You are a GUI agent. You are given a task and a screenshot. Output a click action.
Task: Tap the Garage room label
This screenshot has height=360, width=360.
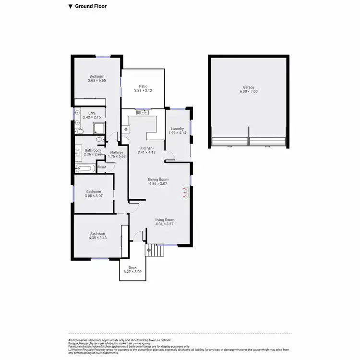tap(248, 87)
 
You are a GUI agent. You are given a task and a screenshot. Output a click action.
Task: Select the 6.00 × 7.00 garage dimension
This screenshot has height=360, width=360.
tap(248, 91)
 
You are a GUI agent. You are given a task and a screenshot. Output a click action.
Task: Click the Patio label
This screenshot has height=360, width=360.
tap(143, 86)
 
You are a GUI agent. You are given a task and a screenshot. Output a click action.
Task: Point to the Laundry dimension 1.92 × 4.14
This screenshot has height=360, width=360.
tap(177, 132)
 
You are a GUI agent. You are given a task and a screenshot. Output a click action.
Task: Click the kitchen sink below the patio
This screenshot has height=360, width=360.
tap(142, 113)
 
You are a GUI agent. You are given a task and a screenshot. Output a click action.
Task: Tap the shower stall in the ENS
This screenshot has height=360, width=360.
tap(99, 128)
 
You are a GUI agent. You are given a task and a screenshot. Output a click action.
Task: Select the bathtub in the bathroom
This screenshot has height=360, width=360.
tap(85, 168)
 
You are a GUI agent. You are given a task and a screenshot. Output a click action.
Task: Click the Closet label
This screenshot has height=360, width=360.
tap(101, 167)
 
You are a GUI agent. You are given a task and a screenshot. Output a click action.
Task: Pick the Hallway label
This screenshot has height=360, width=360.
tap(117, 152)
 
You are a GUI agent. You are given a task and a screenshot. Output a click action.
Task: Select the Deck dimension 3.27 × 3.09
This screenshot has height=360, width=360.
tap(132, 272)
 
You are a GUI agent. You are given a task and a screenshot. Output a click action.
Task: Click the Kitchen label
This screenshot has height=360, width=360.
tap(146, 148)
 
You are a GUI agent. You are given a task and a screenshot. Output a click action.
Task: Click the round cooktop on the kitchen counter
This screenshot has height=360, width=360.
tap(126, 129)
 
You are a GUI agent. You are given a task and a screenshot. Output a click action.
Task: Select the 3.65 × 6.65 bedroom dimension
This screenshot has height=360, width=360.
tap(96, 81)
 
